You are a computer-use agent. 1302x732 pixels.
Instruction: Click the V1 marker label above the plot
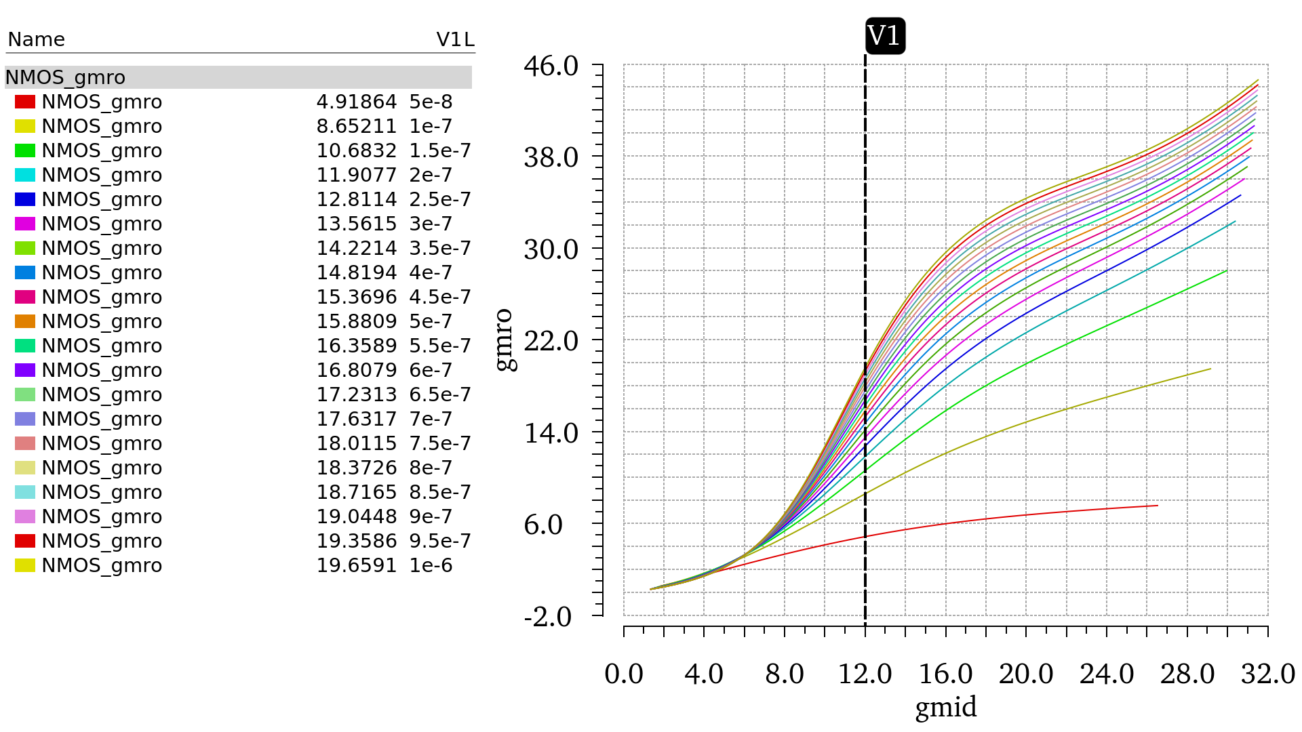point(885,36)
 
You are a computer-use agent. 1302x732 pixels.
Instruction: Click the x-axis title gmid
point(946,708)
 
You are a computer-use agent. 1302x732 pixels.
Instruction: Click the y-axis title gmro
point(505,340)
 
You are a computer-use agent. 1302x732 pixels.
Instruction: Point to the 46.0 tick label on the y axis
point(551,66)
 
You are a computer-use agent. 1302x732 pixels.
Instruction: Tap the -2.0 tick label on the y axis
point(548,617)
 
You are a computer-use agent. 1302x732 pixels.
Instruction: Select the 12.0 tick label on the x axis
point(865,674)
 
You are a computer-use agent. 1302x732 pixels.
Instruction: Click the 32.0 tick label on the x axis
point(1267,674)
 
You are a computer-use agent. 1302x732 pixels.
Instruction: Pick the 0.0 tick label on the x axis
point(624,674)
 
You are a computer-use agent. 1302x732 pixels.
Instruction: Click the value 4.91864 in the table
point(356,102)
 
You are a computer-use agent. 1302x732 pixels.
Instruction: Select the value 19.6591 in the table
point(356,565)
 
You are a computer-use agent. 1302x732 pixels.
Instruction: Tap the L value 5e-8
point(431,102)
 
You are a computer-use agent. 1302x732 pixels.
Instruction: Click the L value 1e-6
point(431,565)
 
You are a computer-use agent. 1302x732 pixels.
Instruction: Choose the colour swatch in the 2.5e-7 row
point(25,199)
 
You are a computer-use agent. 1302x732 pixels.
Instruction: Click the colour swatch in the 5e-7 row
point(25,321)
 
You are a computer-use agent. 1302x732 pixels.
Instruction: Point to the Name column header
point(36,39)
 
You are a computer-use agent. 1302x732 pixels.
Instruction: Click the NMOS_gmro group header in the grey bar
point(65,77)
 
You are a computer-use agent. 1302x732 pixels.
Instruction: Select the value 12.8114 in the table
point(356,199)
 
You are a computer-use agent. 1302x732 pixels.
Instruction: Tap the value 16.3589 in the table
point(356,346)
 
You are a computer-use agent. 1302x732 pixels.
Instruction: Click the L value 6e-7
point(431,370)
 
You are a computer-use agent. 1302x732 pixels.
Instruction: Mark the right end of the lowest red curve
point(1157,506)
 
